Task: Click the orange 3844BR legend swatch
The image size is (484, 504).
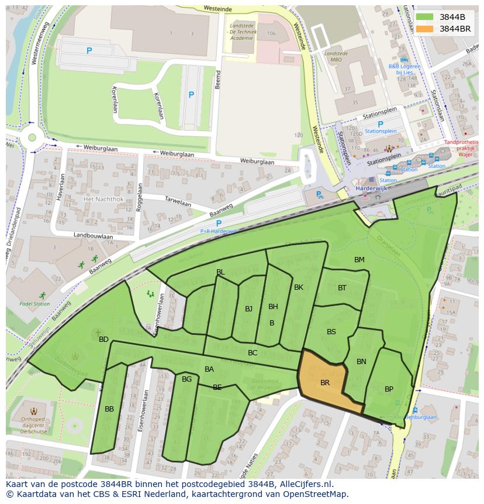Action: [425, 29]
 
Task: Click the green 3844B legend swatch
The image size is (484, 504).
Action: [425, 17]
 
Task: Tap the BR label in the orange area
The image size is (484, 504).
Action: [325, 383]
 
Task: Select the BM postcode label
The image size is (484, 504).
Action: [359, 260]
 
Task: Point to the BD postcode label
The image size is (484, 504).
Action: [103, 340]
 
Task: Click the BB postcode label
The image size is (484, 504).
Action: [109, 409]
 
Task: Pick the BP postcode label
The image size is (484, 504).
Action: [389, 389]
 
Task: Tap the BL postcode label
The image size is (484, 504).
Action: [220, 272]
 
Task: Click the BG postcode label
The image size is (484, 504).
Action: [186, 379]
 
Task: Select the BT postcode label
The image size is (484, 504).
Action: [342, 287]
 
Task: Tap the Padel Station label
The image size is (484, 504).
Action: [34, 304]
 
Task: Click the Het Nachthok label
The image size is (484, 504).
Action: [103, 199]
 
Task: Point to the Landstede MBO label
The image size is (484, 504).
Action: [336, 56]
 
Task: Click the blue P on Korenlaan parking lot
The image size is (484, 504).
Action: [191, 94]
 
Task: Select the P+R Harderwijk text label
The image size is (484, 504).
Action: [219, 231]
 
